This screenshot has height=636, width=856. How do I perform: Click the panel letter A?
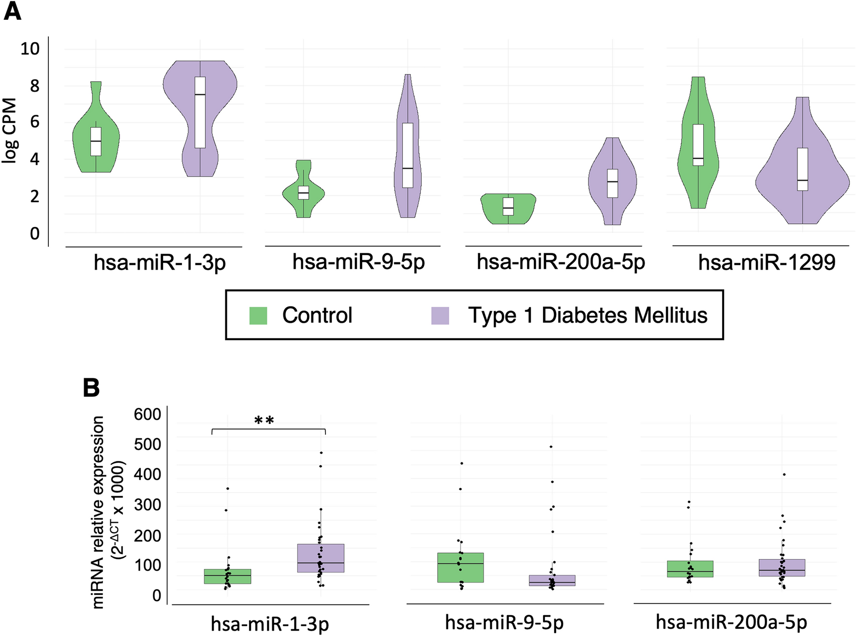[12, 11]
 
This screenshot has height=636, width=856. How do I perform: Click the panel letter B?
[91, 388]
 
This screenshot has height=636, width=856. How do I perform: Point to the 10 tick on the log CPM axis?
[30, 48]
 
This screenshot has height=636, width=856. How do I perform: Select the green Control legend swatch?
[258, 316]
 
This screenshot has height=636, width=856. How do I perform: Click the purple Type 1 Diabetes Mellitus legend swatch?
[440, 316]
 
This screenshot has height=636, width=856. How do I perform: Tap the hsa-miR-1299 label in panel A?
[767, 263]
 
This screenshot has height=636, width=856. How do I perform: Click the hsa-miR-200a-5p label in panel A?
[561, 262]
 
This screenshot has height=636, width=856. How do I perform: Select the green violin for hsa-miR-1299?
[687, 145]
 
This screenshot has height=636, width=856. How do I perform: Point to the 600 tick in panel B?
[148, 414]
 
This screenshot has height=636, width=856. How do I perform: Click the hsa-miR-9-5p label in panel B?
[504, 622]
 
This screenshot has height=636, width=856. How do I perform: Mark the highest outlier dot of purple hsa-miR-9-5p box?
[551, 447]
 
